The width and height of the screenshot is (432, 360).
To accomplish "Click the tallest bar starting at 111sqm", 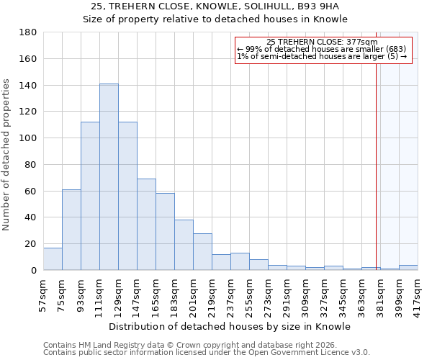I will pos(109,177).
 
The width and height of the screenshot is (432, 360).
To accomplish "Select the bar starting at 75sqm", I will pos(71,230).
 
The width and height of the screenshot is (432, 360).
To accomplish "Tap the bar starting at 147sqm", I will pos(146,225).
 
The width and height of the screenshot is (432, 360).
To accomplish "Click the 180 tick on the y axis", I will pos(30,32).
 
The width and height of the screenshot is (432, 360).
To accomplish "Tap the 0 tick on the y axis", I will pos(33,271).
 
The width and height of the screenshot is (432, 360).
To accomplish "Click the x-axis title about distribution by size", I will pos(230,326).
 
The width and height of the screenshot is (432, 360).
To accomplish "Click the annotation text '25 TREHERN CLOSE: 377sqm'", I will pos(322,42).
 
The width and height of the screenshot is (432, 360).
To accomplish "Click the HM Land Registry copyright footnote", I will pos(207,345).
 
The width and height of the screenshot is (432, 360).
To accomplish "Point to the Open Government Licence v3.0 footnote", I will pos(207,352).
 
